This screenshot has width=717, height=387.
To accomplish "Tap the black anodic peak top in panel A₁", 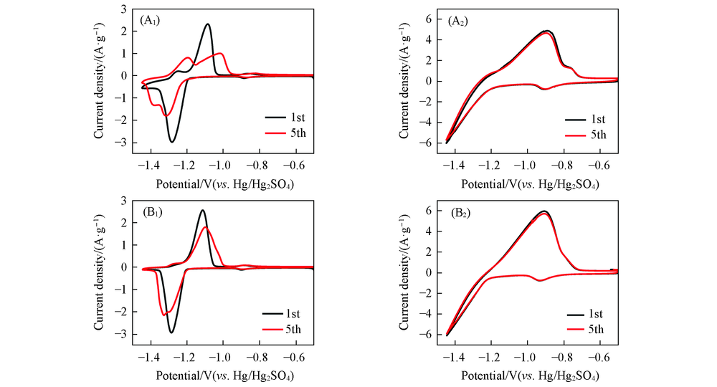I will click(x=207, y=24).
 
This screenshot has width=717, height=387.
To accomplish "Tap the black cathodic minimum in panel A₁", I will click(x=172, y=141).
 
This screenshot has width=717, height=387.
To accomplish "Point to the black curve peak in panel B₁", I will click(x=203, y=210).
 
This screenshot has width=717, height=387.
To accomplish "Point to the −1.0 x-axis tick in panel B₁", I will click(x=221, y=356).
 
